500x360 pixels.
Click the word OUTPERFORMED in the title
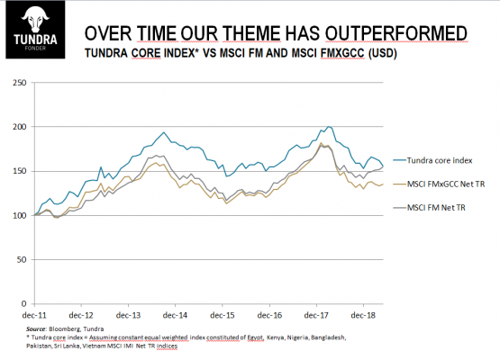[x=396, y=33]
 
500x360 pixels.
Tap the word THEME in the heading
[x=251, y=33]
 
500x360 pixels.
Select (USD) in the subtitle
[x=382, y=53]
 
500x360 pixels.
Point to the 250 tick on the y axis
[x=20, y=83]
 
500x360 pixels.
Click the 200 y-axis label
[x=20, y=127]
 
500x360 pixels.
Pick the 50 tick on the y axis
[x=22, y=259]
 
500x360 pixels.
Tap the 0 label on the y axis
[x=24, y=304]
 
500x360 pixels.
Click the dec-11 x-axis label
[x=34, y=315]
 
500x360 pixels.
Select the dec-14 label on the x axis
[x=175, y=315]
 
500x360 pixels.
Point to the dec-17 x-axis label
[x=316, y=315]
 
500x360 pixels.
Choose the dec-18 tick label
[x=363, y=315]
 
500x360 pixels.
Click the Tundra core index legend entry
[x=432, y=160]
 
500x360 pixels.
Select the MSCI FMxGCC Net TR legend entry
[x=439, y=184]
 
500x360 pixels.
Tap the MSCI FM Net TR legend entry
[x=429, y=208]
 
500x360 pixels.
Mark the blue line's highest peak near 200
[x=329, y=127]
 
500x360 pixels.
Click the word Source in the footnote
[x=36, y=328]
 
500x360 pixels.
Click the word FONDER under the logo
[x=35, y=48]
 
